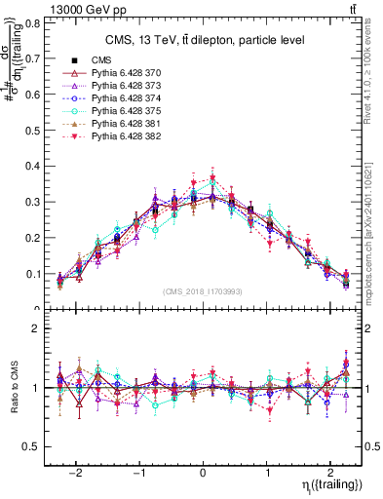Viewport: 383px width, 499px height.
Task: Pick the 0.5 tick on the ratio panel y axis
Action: point(35,446)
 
